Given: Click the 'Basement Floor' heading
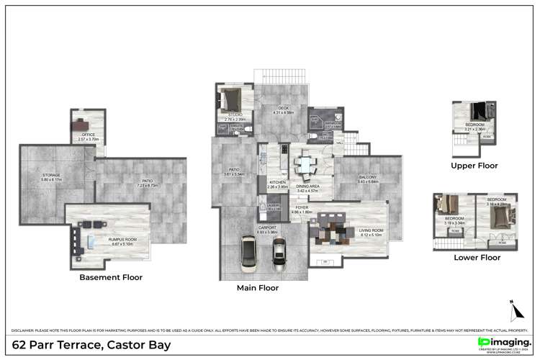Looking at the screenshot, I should coord(111,277).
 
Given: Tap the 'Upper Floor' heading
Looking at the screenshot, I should coord(474,165).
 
